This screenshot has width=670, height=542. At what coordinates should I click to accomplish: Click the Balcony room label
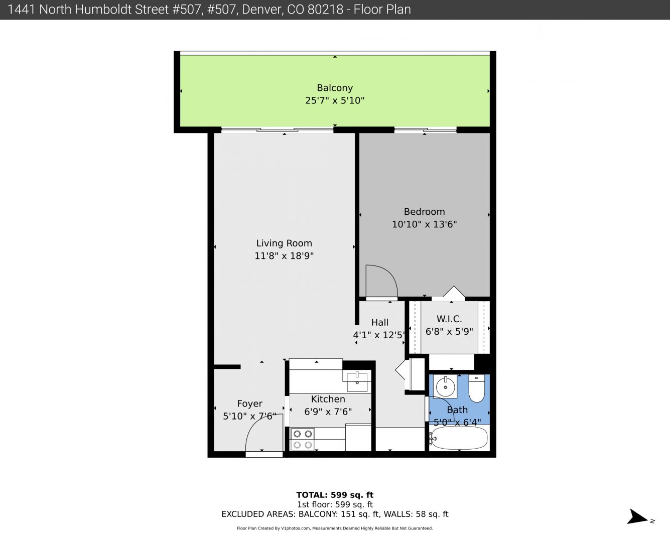pos(335,88)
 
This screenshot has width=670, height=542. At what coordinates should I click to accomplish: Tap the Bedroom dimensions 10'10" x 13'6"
pos(425,224)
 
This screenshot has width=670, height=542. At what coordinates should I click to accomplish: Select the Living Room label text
pos(284,243)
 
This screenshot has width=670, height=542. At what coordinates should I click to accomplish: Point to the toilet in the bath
pos(477,388)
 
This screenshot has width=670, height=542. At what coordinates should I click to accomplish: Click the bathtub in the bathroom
pos(459,438)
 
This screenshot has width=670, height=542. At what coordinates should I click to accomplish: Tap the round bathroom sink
pos(445,386)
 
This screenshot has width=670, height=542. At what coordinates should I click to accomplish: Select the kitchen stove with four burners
pos(303,439)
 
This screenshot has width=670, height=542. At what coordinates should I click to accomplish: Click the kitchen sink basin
pos(357,382)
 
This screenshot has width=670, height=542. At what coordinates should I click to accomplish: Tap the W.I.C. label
pos(449,319)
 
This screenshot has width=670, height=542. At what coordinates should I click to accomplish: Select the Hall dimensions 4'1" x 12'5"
pos(379,335)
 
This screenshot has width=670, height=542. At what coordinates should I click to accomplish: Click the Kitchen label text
pos(328,399)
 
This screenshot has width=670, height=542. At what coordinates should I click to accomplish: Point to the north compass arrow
pos(637,517)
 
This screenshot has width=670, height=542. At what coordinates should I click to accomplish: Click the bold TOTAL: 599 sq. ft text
pos(335,495)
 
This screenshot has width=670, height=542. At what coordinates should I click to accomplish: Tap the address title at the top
pos(209,10)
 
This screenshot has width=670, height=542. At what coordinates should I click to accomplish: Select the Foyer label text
pos(250,403)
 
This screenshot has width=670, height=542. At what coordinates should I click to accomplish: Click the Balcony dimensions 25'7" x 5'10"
pos(335,101)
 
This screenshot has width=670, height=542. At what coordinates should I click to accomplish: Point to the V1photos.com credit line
pos(335,528)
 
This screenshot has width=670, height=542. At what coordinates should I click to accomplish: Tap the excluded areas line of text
pos(335,514)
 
